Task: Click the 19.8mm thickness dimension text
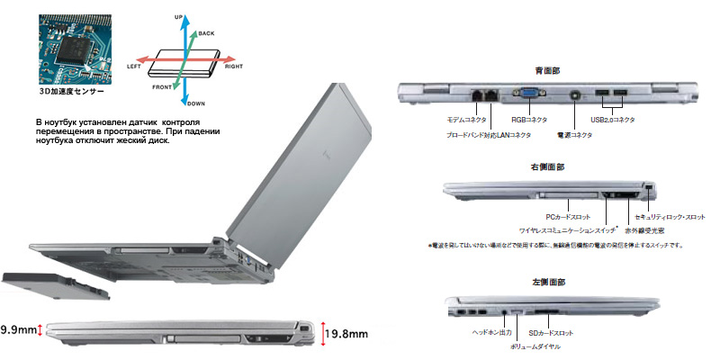pyautogui.click(x=348, y=335)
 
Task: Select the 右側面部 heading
pyautogui.click(x=548, y=167)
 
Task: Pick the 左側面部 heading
pyautogui.click(x=548, y=282)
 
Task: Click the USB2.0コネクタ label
pyautogui.click(x=613, y=119)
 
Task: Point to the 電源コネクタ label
pyautogui.click(x=573, y=135)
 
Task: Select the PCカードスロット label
pyautogui.click(x=567, y=218)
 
